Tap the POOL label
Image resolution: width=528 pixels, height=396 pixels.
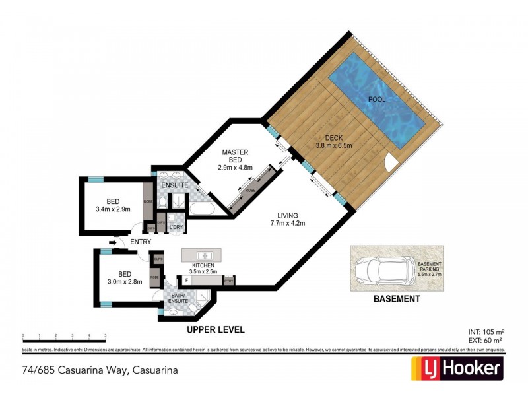pyautogui.click(x=377, y=100)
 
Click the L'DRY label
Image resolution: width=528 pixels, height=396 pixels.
pyautogui.click(x=176, y=228)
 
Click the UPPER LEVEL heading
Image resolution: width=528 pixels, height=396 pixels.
pyautogui.click(x=216, y=328)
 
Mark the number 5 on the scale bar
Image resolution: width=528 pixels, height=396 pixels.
pyautogui.click(x=106, y=335)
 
